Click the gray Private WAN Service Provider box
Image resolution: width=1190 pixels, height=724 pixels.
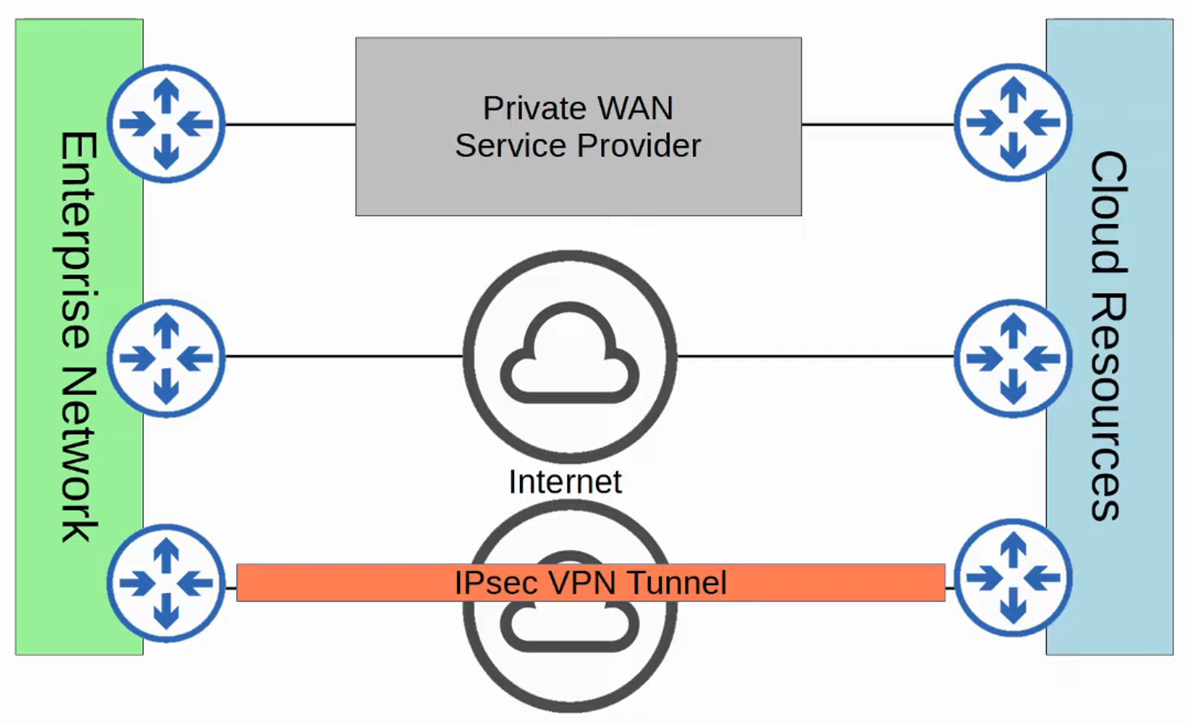[578, 184]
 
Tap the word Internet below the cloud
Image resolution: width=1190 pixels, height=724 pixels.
[565, 481]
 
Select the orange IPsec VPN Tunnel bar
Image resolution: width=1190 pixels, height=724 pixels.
[357, 583]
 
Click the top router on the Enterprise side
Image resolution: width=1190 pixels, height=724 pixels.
[167, 124]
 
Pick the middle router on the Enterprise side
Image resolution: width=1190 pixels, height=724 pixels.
[167, 358]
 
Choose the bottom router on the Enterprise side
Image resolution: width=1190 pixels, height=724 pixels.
[167, 583]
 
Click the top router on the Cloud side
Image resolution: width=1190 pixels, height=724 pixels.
[1013, 122]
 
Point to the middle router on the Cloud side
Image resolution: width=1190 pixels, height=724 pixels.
[1013, 358]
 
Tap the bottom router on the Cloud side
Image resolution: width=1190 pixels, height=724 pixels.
[1013, 578]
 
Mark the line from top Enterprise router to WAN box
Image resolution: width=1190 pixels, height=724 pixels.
[290, 124]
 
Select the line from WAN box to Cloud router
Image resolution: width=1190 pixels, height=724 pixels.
[878, 124]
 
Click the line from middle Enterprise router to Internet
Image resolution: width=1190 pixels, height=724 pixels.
[344, 356]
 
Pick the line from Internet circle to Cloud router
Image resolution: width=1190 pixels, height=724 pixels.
[815, 356]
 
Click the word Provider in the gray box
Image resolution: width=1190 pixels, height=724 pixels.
[639, 146]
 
